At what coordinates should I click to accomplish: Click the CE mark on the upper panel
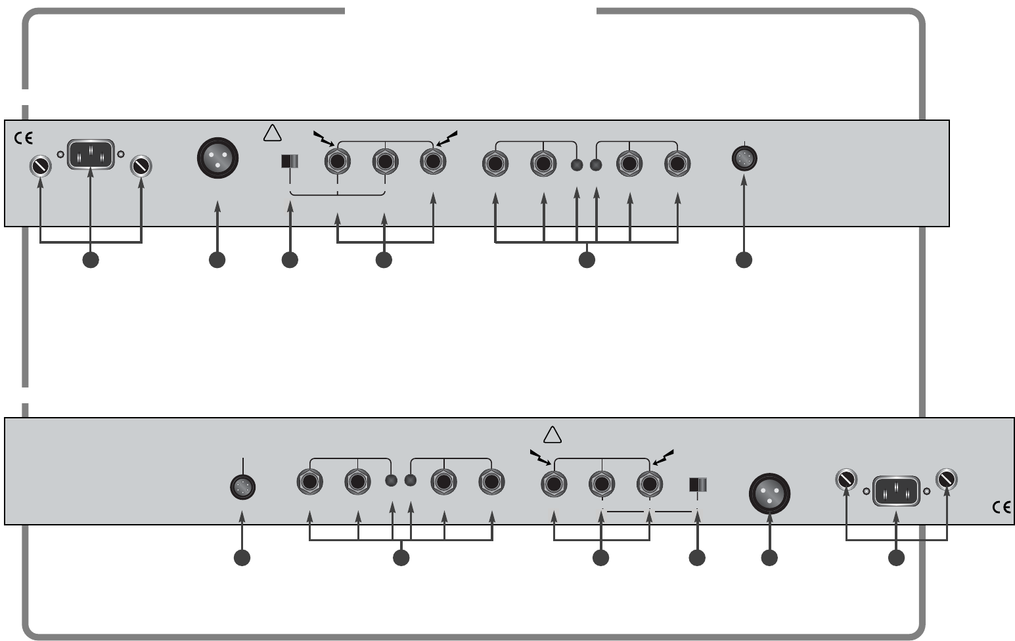click(23, 139)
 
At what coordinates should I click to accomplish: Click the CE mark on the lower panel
click(1001, 507)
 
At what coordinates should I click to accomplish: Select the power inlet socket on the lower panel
click(897, 491)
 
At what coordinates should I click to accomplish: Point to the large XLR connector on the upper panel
click(217, 158)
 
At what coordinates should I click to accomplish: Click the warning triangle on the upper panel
click(272, 133)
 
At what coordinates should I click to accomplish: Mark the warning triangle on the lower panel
click(553, 435)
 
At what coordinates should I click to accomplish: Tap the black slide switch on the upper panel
click(290, 162)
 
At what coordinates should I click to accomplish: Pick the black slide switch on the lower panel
click(697, 485)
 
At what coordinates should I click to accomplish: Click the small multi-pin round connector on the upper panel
click(744, 158)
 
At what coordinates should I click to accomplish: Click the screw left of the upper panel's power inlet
click(41, 167)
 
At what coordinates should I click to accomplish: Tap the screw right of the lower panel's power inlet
click(946, 479)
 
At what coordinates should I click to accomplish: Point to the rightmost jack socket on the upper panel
click(677, 162)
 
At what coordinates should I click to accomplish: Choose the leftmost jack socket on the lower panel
click(309, 483)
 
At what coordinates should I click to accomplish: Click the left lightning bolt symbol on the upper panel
click(323, 138)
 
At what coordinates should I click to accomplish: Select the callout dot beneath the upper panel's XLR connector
click(217, 260)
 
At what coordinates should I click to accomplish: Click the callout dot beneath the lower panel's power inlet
click(896, 558)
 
